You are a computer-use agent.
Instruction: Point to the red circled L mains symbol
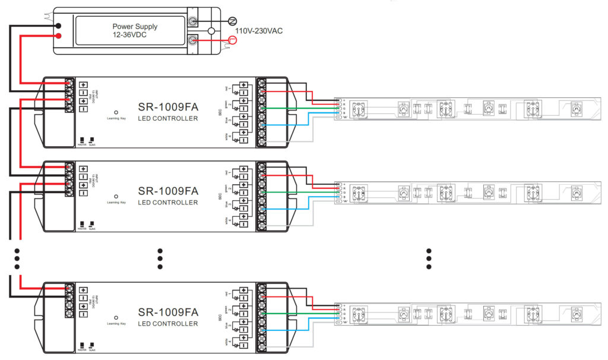coord(233,40)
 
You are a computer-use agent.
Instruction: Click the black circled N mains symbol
coord(233,21)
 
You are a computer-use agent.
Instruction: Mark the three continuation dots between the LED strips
coord(429,258)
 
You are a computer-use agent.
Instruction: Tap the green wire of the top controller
coord(297,108)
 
